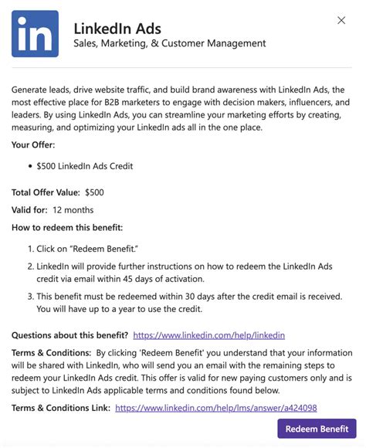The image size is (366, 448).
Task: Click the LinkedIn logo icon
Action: pos(35,34)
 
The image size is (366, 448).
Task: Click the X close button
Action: pos(341,20)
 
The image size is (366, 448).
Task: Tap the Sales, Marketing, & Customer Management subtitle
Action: pos(169,45)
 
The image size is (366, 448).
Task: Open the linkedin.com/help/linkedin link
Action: pos(209,335)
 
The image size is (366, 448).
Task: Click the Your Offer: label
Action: pos(33,144)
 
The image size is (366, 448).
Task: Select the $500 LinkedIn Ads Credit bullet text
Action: pos(84,166)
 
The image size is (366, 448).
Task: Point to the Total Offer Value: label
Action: pos(45,192)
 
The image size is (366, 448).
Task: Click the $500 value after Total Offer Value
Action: pos(95,192)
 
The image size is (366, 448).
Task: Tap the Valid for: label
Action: pos(29,209)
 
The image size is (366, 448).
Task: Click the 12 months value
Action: pos(73,209)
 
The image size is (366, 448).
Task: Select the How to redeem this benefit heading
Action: pos(67,227)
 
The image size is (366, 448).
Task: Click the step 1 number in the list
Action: pos(30,249)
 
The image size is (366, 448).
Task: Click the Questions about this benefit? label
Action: pos(69,335)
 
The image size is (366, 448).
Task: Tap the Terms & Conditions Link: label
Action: pos(60,408)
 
